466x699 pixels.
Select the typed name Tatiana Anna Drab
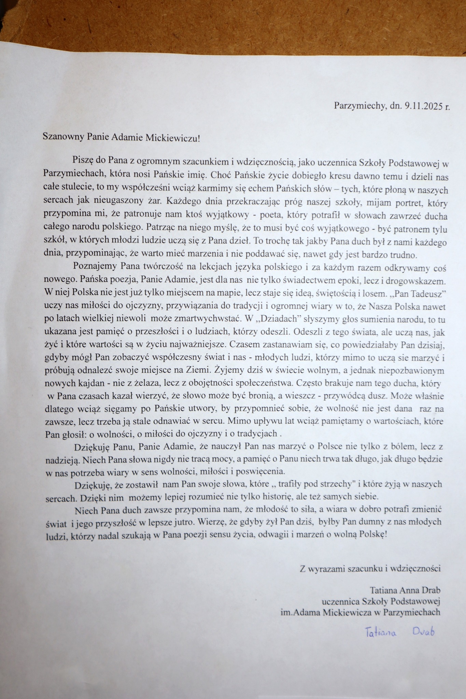[405, 590]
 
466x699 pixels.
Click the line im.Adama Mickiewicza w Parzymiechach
[360, 612]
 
